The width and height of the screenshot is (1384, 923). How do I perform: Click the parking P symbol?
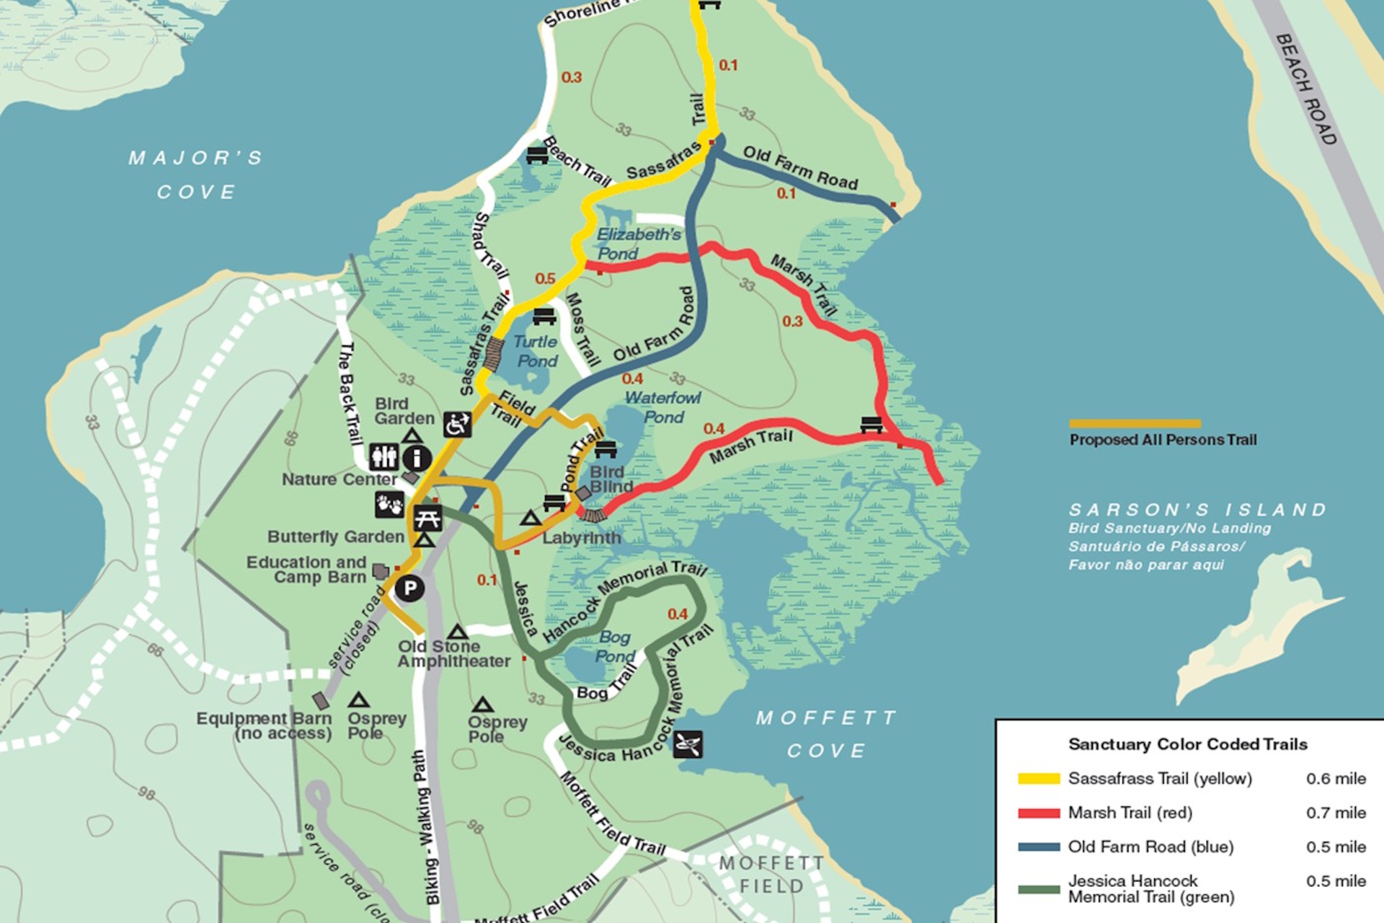coord(409,588)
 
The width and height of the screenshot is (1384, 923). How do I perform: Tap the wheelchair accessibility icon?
coord(457,425)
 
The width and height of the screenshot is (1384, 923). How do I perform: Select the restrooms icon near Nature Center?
coord(383,457)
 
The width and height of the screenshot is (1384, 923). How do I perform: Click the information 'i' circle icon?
coord(417,457)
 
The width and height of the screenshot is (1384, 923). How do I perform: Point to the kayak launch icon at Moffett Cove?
coord(688,743)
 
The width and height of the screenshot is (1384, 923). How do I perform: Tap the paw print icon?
coord(389,504)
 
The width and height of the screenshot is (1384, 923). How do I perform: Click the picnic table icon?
coord(427,518)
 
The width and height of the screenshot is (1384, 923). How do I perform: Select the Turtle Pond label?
coord(536,351)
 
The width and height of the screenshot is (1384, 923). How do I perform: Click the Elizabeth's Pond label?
coord(637,244)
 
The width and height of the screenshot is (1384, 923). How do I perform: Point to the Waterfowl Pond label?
coord(662,407)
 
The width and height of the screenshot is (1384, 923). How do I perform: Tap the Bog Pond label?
coord(614,646)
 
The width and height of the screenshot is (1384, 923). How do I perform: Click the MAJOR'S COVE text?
coord(196,175)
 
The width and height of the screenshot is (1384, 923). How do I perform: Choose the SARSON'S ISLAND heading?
coord(1197,510)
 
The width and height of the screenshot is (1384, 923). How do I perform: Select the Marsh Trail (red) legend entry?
coord(1130,813)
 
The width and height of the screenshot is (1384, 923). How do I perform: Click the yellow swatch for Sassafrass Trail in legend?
coord(1038,779)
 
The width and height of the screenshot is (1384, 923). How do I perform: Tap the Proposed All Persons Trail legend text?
coord(1163,440)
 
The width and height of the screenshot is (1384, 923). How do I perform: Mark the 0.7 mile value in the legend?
coord(1336,813)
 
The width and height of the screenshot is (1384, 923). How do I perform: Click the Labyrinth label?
coord(581,538)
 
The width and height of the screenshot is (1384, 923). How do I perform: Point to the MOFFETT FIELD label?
coord(771,874)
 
